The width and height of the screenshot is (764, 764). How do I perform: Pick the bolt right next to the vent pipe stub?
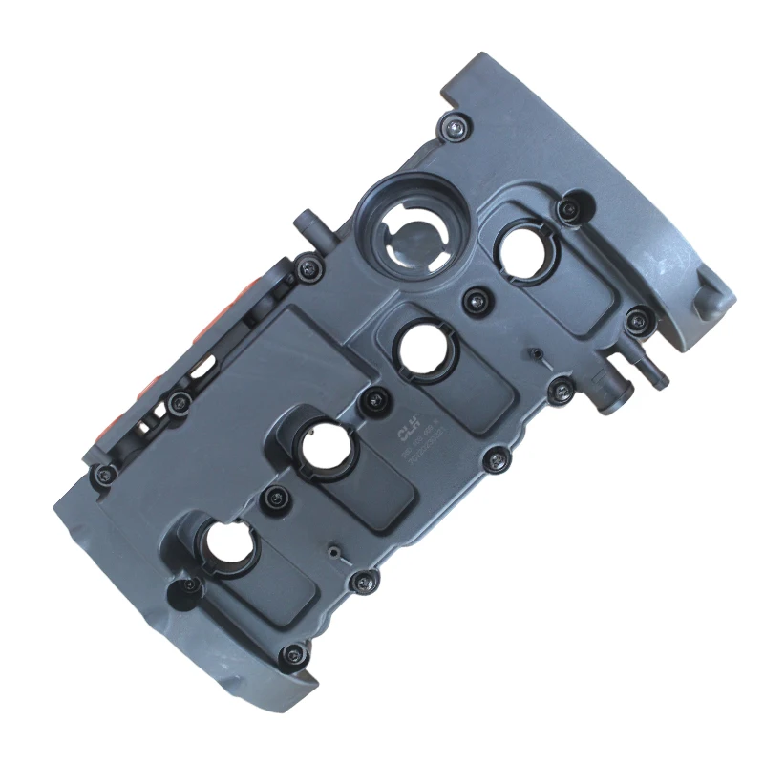coord(308,269)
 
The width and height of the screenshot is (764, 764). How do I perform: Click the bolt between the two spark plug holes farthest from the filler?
coord(277,496)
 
